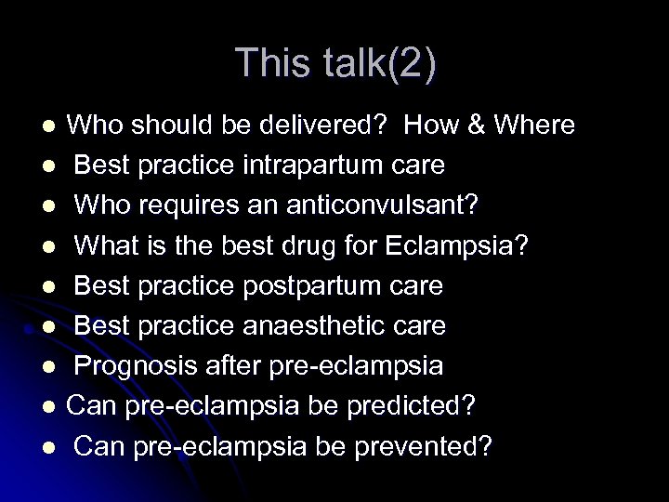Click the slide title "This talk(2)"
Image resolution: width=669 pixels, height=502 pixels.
click(334, 63)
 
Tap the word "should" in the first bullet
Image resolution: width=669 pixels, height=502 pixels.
click(165, 125)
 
